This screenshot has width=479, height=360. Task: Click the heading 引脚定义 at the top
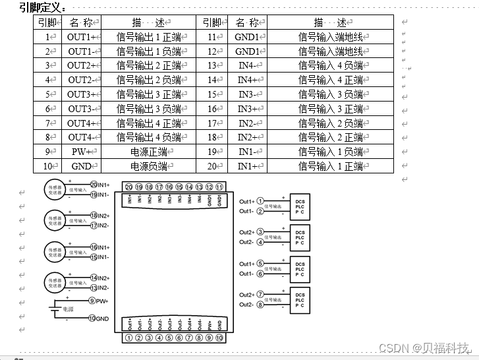tap(42, 8)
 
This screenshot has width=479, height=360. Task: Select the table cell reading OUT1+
tap(83, 37)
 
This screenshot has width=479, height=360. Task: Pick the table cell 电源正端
tap(149, 152)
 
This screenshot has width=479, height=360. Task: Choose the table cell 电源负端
tap(149, 166)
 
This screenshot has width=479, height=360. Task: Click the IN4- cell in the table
tap(249, 65)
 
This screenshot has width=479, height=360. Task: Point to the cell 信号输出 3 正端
tap(149, 94)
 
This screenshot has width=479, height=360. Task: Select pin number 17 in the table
tap(213, 123)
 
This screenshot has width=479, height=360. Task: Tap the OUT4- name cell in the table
tap(83, 137)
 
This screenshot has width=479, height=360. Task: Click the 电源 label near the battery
tap(68, 309)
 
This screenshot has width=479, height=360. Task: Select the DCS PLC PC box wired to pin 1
tap(300, 206)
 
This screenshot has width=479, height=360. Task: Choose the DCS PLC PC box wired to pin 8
tap(300, 300)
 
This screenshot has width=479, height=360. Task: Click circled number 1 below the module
tap(129, 338)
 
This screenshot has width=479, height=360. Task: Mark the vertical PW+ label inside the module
tap(210, 324)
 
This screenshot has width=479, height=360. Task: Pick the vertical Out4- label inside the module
tap(199, 324)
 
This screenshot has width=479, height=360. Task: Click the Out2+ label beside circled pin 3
tap(246, 232)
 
